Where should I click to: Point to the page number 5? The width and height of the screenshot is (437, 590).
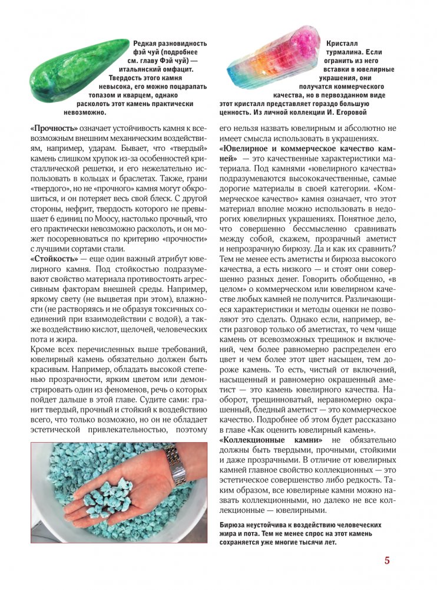[387, 560]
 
